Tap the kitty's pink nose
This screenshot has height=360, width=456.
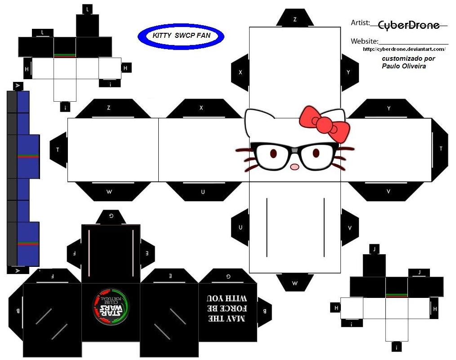tap(295, 166)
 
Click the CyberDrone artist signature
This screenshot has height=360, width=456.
tap(408, 25)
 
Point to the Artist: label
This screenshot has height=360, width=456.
tap(360, 22)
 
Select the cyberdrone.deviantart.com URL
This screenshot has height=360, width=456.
tap(403, 49)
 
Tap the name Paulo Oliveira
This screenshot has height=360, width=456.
tap(403, 66)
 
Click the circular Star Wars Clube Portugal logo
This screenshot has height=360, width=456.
tap(111, 308)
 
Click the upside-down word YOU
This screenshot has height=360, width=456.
tap(215, 298)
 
